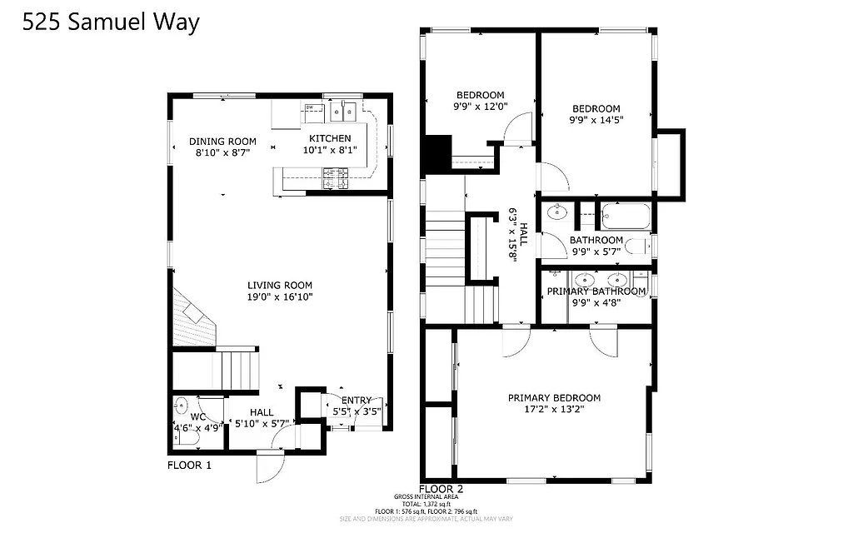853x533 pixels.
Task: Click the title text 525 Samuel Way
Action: click(111, 22)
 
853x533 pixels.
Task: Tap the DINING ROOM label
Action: click(222, 141)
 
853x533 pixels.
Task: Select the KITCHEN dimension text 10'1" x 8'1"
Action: click(330, 151)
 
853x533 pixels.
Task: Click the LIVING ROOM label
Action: click(279, 284)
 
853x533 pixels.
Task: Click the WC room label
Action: click(197, 416)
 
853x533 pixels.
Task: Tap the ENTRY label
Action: click(357, 400)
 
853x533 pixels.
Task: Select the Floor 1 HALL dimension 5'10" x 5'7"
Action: click(262, 423)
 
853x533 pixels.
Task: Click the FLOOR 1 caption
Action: click(189, 465)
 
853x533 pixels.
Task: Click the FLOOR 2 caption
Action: click(441, 489)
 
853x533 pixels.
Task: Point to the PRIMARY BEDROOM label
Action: click(554, 397)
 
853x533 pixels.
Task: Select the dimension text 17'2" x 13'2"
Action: click(554, 409)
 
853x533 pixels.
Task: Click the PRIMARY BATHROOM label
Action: click(596, 291)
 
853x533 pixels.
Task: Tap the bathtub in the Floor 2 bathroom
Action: click(626, 217)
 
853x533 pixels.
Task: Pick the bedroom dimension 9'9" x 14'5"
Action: click(596, 120)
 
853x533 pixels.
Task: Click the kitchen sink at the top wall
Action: click(343, 111)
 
